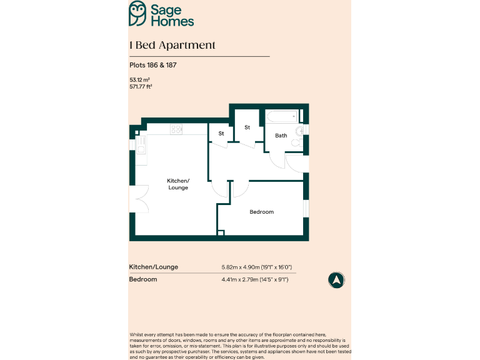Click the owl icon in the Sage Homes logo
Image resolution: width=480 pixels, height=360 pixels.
[138, 13]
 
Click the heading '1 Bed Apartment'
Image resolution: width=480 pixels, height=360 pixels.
[172, 45]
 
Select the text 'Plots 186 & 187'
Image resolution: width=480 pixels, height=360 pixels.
[149, 65]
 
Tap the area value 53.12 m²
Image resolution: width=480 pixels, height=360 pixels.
[139, 80]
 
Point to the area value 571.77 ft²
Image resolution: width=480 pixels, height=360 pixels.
[141, 87]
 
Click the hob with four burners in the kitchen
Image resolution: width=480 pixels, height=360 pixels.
[177, 129]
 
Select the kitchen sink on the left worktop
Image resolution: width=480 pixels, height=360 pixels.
[141, 144]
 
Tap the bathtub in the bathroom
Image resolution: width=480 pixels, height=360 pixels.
[282, 116]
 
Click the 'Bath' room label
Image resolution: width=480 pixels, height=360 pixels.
[281, 135]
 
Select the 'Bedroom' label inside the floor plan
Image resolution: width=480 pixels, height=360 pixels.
[261, 212]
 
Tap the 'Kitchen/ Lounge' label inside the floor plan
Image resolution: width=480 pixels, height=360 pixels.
[178, 184]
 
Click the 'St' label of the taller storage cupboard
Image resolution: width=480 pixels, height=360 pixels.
[247, 127]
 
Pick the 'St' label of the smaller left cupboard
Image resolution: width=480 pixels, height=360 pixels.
[221, 134]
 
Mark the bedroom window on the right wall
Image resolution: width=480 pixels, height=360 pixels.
[306, 207]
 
